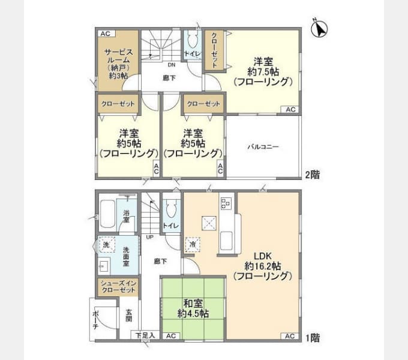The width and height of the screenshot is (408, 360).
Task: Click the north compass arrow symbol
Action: coord(322,28)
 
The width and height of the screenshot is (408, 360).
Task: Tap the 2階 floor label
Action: coord(311,175)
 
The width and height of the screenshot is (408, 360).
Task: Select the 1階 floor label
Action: coord(311,338)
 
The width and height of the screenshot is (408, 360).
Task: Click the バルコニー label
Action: coord(263,147)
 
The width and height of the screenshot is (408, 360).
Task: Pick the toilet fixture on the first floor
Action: coord(170,209)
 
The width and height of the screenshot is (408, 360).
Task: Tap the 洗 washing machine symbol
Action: coord(106,245)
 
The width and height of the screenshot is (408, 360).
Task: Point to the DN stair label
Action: coord(172,65)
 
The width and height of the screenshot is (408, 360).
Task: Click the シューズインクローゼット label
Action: coord(118,286)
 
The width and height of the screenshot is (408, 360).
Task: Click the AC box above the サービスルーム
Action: coord(105,34)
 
